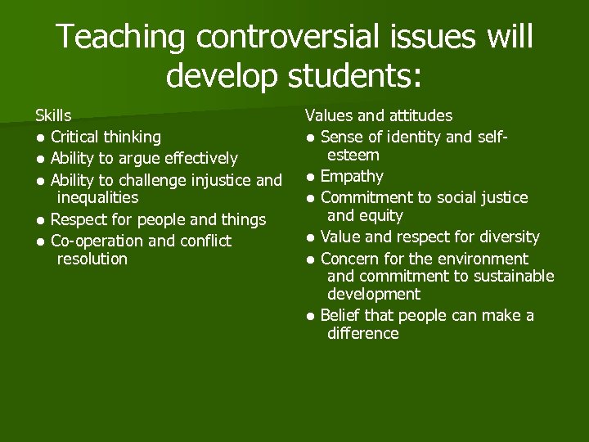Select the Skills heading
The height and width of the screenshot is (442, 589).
click(53, 115)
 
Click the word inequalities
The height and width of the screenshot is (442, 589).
click(97, 198)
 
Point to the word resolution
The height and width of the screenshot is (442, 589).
click(92, 259)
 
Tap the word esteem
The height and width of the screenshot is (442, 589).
click(353, 156)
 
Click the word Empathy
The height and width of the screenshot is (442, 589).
click(352, 176)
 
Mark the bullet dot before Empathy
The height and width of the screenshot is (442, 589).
click(311, 177)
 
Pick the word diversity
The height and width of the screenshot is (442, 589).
click(508, 237)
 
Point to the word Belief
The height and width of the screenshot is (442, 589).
click(338, 315)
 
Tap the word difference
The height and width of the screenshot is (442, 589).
click(363, 334)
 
